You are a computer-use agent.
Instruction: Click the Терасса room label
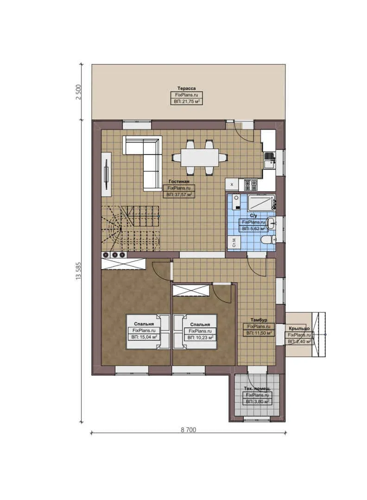click(186, 88)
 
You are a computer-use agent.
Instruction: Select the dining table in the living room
click(199, 157)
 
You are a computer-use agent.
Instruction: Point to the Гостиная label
click(179, 182)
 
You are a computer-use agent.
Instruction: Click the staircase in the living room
click(130, 227)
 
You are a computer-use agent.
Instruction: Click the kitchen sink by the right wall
click(268, 162)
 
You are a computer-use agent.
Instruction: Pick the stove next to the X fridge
click(251, 185)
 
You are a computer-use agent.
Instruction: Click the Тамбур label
click(259, 320)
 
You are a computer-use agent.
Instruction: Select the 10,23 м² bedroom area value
click(200, 337)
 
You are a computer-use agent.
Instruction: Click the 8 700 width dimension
click(188, 429)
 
